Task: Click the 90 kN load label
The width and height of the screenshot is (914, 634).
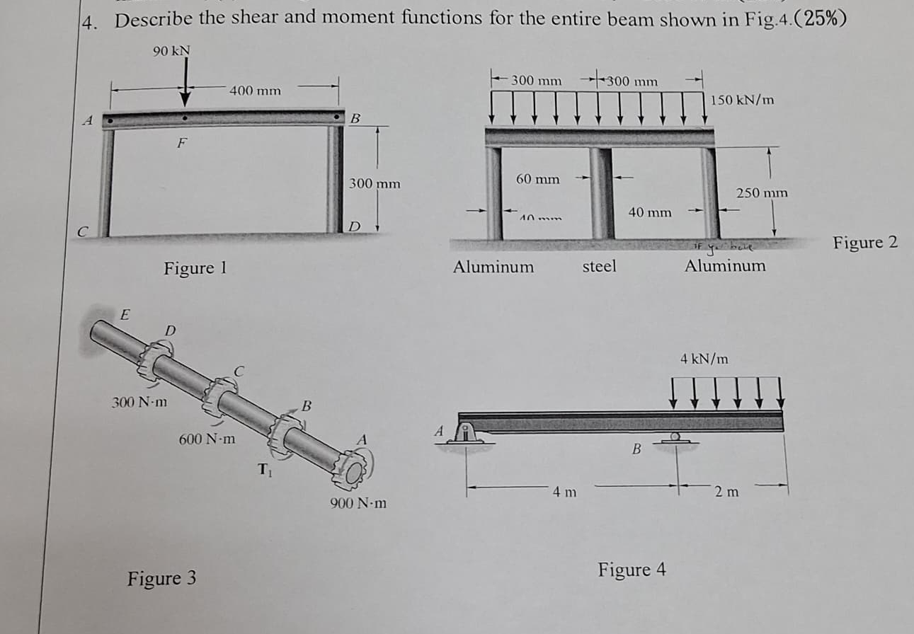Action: (171, 51)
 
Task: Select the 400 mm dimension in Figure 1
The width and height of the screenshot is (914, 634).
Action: (255, 91)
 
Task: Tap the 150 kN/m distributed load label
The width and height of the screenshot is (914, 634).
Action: (743, 100)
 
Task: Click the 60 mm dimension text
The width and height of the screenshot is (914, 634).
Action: (537, 179)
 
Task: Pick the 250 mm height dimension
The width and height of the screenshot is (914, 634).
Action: (762, 192)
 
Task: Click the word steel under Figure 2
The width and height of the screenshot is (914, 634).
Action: (599, 267)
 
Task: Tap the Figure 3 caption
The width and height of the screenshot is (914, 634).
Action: (162, 579)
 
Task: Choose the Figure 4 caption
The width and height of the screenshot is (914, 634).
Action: (632, 570)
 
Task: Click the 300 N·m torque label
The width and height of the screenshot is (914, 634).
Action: (139, 403)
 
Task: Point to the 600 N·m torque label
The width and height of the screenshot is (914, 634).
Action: (207, 439)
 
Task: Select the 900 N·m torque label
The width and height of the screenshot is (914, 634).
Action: (358, 505)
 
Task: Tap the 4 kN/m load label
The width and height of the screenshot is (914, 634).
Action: (704, 359)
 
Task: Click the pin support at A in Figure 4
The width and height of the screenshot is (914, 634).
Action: (466, 432)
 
